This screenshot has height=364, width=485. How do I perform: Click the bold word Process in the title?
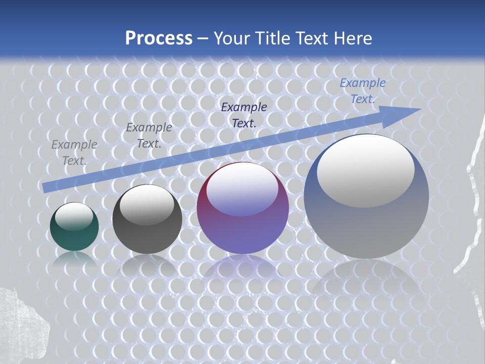(159, 38)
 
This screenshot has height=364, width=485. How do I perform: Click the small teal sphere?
(74, 227)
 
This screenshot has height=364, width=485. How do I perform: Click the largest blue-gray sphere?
(366, 197)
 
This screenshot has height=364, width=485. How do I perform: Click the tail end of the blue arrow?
(46, 188)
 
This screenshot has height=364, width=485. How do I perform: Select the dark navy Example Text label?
(244, 115)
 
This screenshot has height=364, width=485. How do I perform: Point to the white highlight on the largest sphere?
(365, 170)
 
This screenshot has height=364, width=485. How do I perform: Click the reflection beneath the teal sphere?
(74, 258)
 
